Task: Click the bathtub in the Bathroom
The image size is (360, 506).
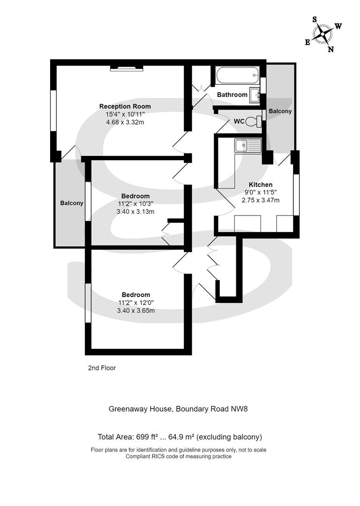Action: click(x=238, y=76)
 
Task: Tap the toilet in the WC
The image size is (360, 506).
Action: click(x=254, y=121)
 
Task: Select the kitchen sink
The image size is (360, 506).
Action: click(x=248, y=145)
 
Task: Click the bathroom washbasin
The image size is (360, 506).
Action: click(x=255, y=95)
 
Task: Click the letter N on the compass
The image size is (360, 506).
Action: click(x=330, y=49)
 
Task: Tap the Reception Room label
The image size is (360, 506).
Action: click(x=125, y=106)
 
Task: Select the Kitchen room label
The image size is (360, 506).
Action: click(x=261, y=185)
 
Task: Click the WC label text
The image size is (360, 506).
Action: click(x=239, y=121)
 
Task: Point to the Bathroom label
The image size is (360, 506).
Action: click(x=232, y=95)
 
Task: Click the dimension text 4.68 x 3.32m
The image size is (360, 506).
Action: click(x=125, y=122)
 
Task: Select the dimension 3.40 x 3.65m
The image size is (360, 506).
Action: click(x=135, y=311)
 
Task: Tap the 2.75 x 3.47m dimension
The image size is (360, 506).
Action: click(x=261, y=200)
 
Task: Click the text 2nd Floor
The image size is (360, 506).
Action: click(x=102, y=368)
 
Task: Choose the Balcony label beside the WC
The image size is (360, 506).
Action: click(x=280, y=111)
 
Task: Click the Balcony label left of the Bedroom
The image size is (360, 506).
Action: click(x=72, y=203)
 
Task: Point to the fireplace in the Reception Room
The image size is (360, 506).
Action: click(x=127, y=68)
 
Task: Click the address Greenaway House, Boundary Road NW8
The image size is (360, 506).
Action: click(x=178, y=409)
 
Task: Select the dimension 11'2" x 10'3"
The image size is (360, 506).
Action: click(x=135, y=204)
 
